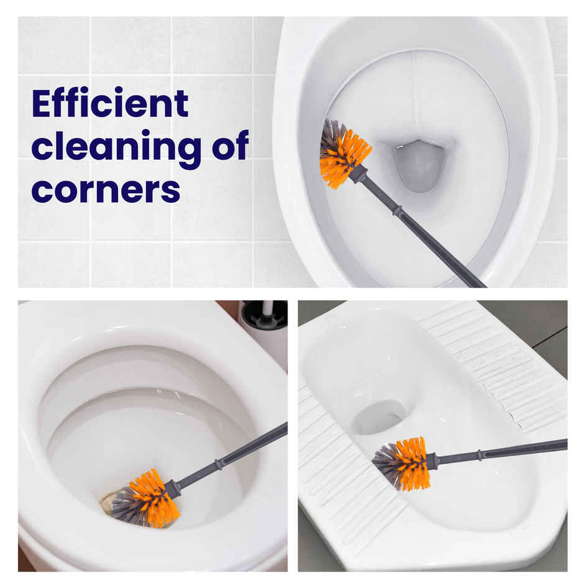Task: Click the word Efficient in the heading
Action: (110, 103)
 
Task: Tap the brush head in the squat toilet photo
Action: (403, 463)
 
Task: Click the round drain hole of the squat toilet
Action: (380, 417)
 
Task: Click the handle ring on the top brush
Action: (398, 211)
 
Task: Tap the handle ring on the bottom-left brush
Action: (219, 463)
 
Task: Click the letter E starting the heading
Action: (41, 103)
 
